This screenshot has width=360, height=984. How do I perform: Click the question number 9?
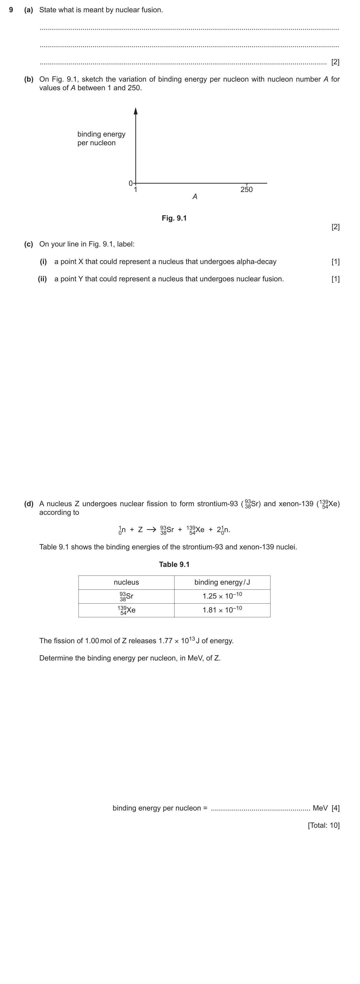point(11,10)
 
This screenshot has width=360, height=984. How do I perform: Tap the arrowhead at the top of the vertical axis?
point(136,111)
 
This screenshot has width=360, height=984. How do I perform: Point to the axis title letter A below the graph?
point(195,197)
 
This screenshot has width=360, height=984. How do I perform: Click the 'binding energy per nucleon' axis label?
point(101,138)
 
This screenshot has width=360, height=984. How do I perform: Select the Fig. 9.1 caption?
point(174,218)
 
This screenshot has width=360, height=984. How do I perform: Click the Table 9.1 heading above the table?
point(174,564)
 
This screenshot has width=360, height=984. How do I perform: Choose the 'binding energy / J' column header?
point(222,582)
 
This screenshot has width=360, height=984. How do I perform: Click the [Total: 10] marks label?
point(323,825)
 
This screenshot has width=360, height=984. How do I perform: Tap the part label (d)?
point(29,504)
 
